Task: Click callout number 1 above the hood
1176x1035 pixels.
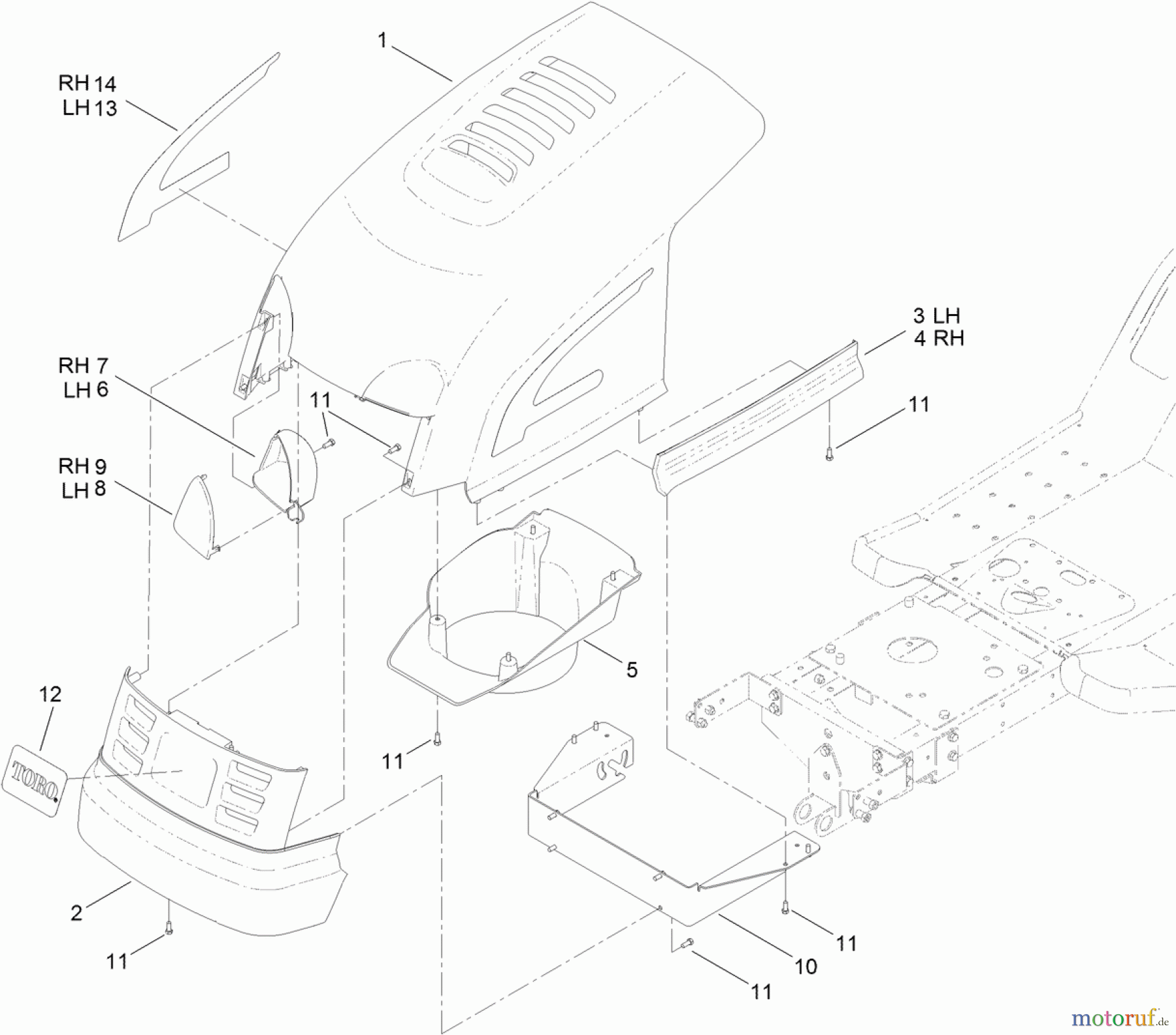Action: [x=383, y=41]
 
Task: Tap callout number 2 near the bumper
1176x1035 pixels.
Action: [x=77, y=912]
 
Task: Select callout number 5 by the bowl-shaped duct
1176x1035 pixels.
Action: [x=631, y=670]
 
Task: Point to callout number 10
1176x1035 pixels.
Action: [x=806, y=966]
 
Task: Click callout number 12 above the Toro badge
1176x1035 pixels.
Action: [x=50, y=693]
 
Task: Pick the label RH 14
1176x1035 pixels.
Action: [x=87, y=84]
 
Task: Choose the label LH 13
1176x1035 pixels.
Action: [x=90, y=108]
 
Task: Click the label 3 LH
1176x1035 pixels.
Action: [x=936, y=316]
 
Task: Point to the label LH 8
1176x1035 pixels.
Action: [x=84, y=490]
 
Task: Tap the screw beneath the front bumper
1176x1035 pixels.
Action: [x=169, y=929]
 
